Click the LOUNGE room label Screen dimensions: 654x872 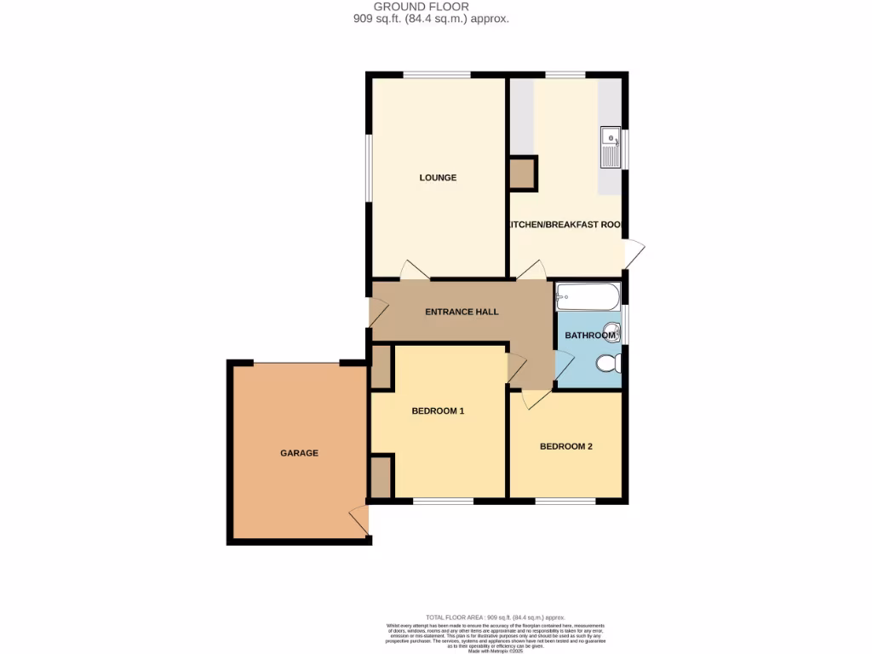(x=438, y=178)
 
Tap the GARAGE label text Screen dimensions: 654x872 (x=299, y=453)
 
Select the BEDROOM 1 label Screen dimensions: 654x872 (x=438, y=411)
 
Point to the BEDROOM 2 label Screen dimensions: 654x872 (x=565, y=446)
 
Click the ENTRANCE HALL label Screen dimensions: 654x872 (x=462, y=312)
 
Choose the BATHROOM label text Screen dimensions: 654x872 (x=590, y=336)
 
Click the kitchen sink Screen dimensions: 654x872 (x=610, y=147)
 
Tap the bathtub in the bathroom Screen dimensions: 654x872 (x=587, y=297)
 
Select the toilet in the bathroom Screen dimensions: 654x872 (x=608, y=365)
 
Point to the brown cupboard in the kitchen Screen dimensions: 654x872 (x=522, y=174)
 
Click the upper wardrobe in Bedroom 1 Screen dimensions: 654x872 (x=381, y=366)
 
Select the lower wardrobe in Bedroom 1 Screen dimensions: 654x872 (x=381, y=477)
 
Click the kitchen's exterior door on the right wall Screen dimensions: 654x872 (x=634, y=255)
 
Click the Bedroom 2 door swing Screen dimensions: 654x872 (x=535, y=398)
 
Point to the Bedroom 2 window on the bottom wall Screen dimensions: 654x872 (x=565, y=501)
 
